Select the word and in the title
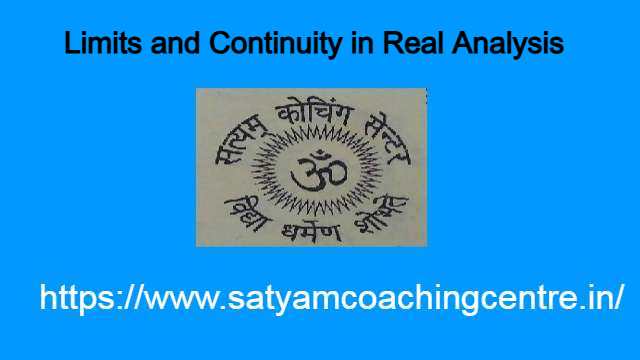(167, 45)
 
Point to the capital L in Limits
(70, 45)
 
